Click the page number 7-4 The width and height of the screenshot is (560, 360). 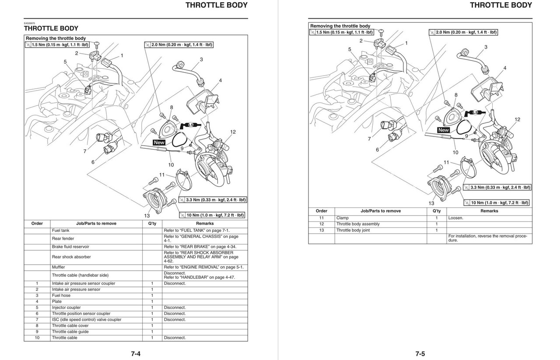(135, 354)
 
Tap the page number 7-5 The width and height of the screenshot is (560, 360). (420, 354)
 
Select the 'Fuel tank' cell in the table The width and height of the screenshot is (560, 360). (61, 230)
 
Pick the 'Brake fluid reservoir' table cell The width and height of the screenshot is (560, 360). (71, 247)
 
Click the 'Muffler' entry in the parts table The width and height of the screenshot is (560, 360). (59, 267)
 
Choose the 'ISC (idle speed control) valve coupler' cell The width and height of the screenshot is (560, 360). (86, 319)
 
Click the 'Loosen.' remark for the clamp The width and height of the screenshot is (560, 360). (455, 218)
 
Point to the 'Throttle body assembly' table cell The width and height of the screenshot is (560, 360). (358, 224)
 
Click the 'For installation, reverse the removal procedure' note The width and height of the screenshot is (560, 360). (489, 238)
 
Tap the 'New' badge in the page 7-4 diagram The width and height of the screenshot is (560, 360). (159, 143)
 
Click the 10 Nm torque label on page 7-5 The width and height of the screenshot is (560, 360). (499, 203)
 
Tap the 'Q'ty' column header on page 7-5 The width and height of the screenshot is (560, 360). (436, 211)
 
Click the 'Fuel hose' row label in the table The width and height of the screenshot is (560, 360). (61, 295)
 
